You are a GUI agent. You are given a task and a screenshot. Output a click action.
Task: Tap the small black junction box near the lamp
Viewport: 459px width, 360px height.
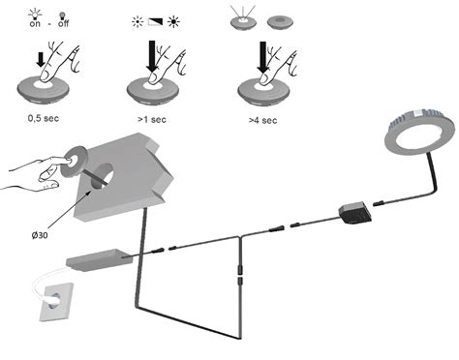(353, 212)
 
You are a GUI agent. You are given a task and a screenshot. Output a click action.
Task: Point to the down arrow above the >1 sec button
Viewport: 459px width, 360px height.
(152, 54)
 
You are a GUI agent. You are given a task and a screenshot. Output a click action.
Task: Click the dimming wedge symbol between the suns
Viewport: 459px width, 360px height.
(151, 21)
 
